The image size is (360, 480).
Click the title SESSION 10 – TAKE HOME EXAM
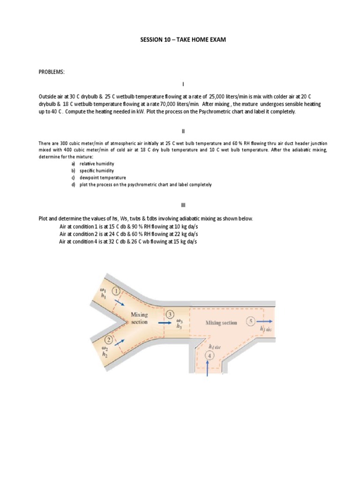(x=183, y=40)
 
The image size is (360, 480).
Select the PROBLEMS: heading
(x=52, y=72)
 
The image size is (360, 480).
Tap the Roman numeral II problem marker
(x=184, y=131)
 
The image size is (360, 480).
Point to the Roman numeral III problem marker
(x=184, y=205)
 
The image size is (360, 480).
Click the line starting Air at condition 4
(x=125, y=241)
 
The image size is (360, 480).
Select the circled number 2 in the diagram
(x=109, y=339)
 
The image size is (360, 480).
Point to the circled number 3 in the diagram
(x=170, y=314)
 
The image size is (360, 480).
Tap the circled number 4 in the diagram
(x=210, y=355)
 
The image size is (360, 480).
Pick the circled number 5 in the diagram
(x=251, y=322)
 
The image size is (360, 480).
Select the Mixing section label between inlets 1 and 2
(x=139, y=318)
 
